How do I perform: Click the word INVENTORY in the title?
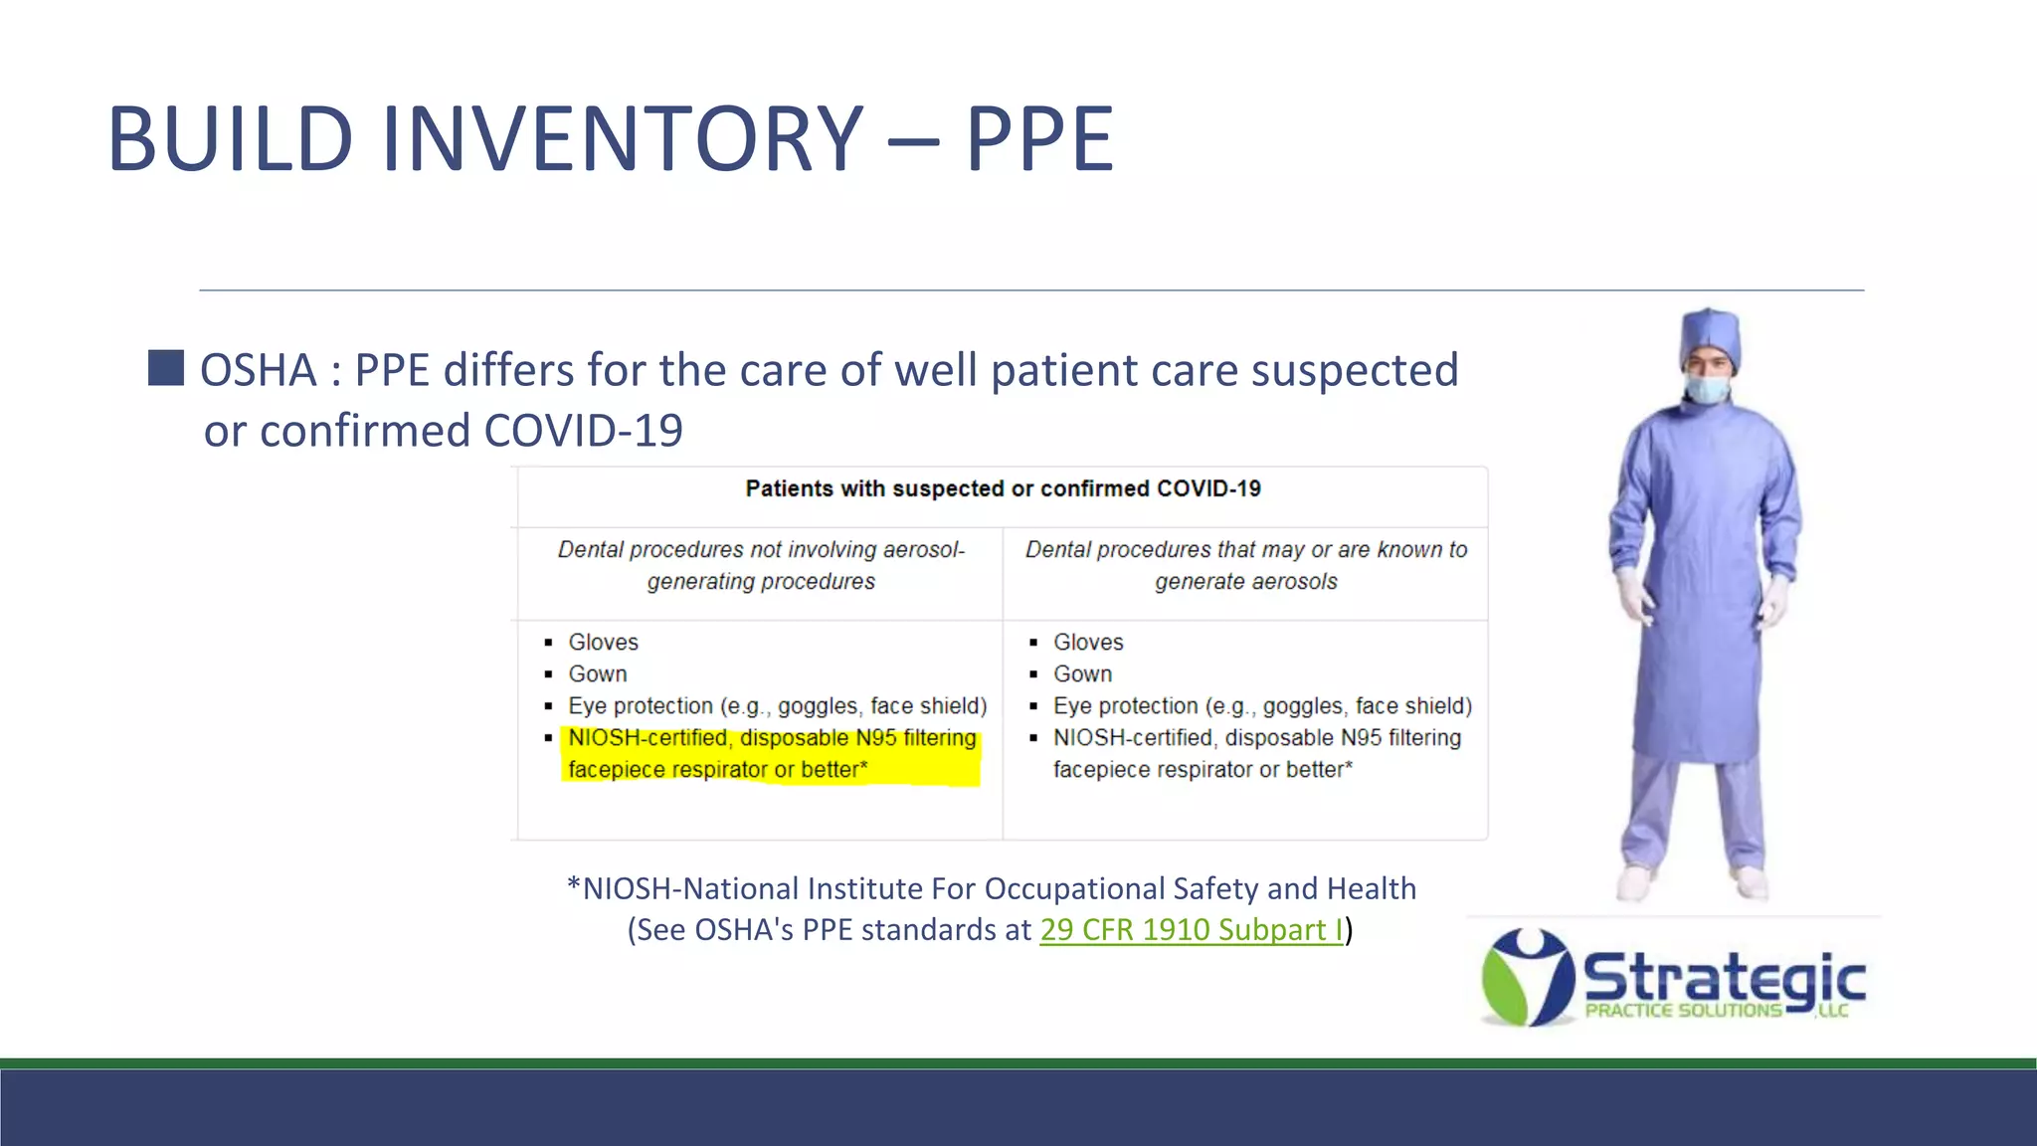coord(622,139)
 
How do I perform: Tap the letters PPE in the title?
coord(1039,139)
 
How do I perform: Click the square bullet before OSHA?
coord(166,368)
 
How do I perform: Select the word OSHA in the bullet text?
coord(259,371)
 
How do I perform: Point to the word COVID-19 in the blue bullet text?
coord(583,432)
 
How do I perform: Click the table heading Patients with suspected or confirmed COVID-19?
coord(1003,488)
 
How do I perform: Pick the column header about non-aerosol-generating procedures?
coord(761,565)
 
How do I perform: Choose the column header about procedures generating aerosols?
coord(1245,565)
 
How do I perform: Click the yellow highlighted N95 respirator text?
coord(771,754)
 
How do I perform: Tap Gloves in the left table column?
coord(603,643)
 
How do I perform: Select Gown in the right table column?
coord(1082,674)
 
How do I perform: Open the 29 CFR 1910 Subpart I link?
coord(1191,930)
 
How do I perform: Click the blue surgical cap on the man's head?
coord(1710,333)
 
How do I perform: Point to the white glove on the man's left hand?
coord(1775,600)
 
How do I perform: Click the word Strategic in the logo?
coord(1723,978)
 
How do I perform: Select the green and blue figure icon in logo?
coord(1527,978)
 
